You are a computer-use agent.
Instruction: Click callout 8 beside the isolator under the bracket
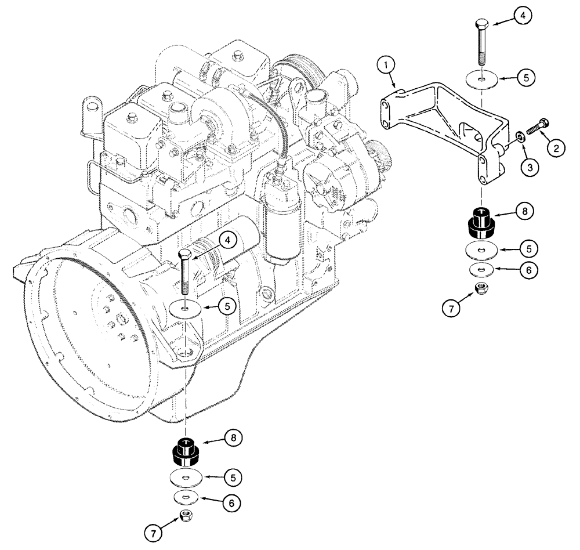click(x=524, y=212)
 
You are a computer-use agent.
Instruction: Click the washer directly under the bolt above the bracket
click(x=481, y=78)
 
